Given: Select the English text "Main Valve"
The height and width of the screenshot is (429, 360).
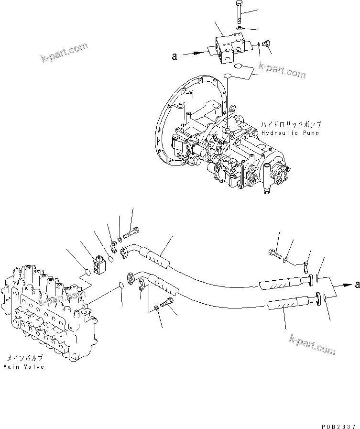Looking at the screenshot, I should pyautogui.click(x=23, y=367).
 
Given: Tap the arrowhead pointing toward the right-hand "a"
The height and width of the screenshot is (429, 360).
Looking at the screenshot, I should pyautogui.click(x=345, y=285).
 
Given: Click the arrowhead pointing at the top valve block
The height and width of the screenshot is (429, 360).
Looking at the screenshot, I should pyautogui.click(x=206, y=55).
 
